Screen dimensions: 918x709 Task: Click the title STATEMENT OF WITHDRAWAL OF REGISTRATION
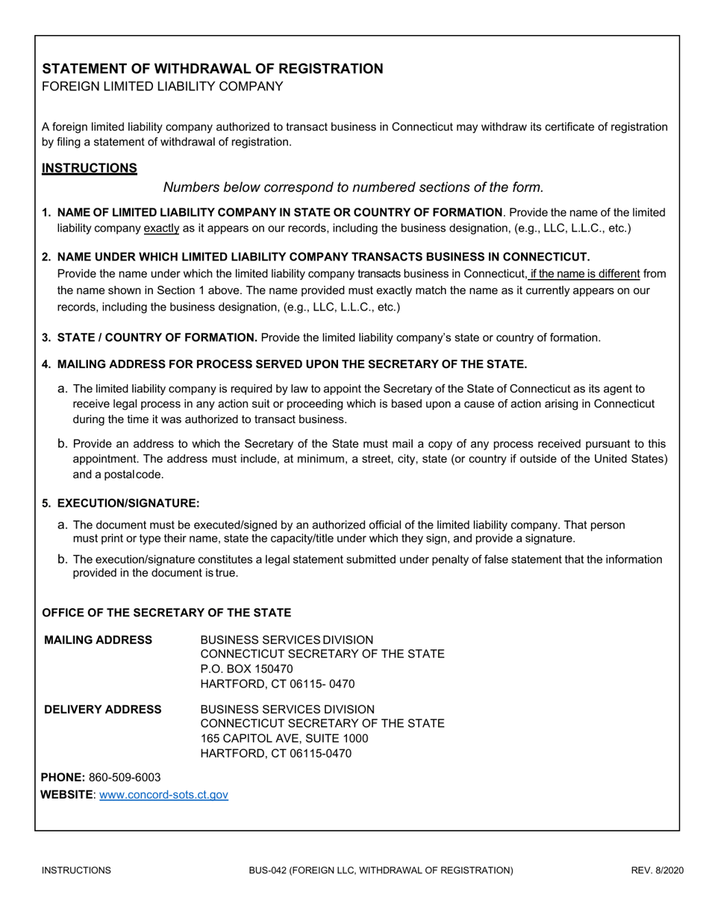pyautogui.click(x=213, y=69)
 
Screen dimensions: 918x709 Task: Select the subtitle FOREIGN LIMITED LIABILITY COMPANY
pyautogui.click(x=162, y=87)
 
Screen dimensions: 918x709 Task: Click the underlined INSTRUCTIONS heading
pyautogui.click(x=89, y=168)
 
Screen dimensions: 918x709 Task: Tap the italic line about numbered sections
pyautogui.click(x=354, y=187)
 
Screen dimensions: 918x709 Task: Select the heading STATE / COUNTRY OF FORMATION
pyautogui.click(x=157, y=337)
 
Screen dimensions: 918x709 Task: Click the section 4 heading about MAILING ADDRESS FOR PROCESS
pyautogui.click(x=292, y=364)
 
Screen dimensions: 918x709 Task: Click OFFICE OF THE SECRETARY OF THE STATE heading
pyautogui.click(x=166, y=613)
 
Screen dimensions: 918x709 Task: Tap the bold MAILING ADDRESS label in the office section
pyautogui.click(x=99, y=640)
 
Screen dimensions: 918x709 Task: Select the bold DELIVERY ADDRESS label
pyautogui.click(x=103, y=708)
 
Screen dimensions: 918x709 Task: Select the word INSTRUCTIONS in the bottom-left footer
pyautogui.click(x=77, y=870)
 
